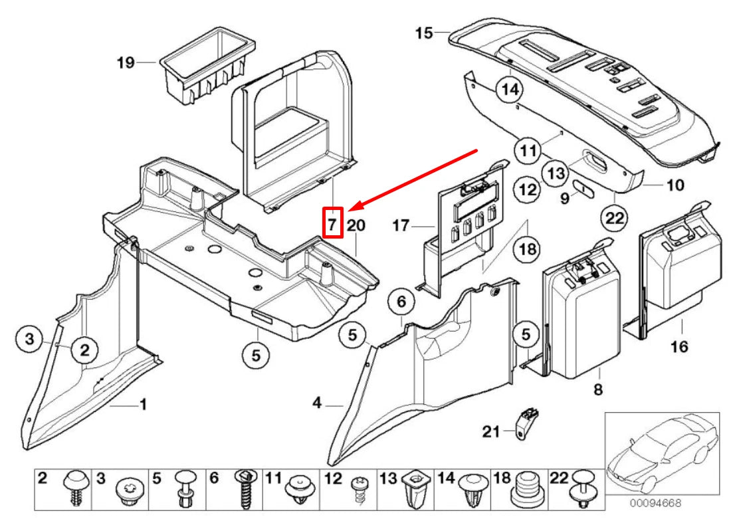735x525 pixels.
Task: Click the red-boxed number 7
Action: [332, 223]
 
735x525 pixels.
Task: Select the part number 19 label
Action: [126, 63]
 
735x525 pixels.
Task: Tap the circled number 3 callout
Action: [29, 340]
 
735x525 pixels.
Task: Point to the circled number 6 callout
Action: [401, 302]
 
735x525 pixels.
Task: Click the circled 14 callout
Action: [510, 88]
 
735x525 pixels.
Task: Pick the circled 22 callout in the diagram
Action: [615, 217]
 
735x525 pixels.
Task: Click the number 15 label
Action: [424, 32]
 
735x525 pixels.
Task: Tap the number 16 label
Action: [679, 346]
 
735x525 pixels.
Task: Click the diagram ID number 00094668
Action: [655, 504]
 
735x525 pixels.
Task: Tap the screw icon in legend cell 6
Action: [245, 489]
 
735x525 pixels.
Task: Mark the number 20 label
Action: [356, 226]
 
